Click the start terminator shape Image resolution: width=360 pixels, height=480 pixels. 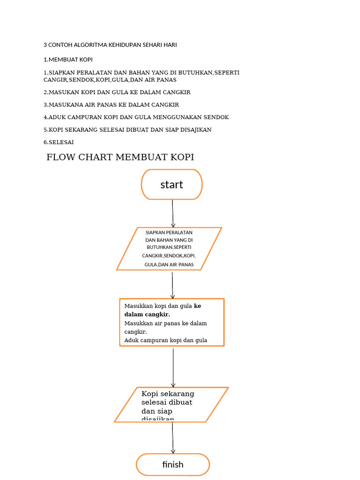172,185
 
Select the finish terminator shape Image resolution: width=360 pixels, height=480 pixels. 172,465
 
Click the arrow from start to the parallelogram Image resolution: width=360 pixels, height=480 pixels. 172,213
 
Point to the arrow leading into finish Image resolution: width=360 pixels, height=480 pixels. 172,438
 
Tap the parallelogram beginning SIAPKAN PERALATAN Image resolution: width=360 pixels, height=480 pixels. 169,248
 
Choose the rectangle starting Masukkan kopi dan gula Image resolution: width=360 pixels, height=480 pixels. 172,322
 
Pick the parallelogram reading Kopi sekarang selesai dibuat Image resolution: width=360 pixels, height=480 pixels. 171,405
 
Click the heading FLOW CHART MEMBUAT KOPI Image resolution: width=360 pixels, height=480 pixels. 120,157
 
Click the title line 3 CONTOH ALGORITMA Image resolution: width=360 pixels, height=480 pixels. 110,45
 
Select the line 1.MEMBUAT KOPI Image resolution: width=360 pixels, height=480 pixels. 68,60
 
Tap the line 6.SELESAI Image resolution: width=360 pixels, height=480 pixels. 59,142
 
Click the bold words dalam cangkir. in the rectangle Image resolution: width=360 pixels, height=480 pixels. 147,315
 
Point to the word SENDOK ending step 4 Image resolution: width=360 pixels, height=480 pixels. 217,117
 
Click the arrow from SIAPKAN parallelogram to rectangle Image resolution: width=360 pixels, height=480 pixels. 172,285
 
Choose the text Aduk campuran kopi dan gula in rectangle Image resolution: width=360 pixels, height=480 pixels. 165,340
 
